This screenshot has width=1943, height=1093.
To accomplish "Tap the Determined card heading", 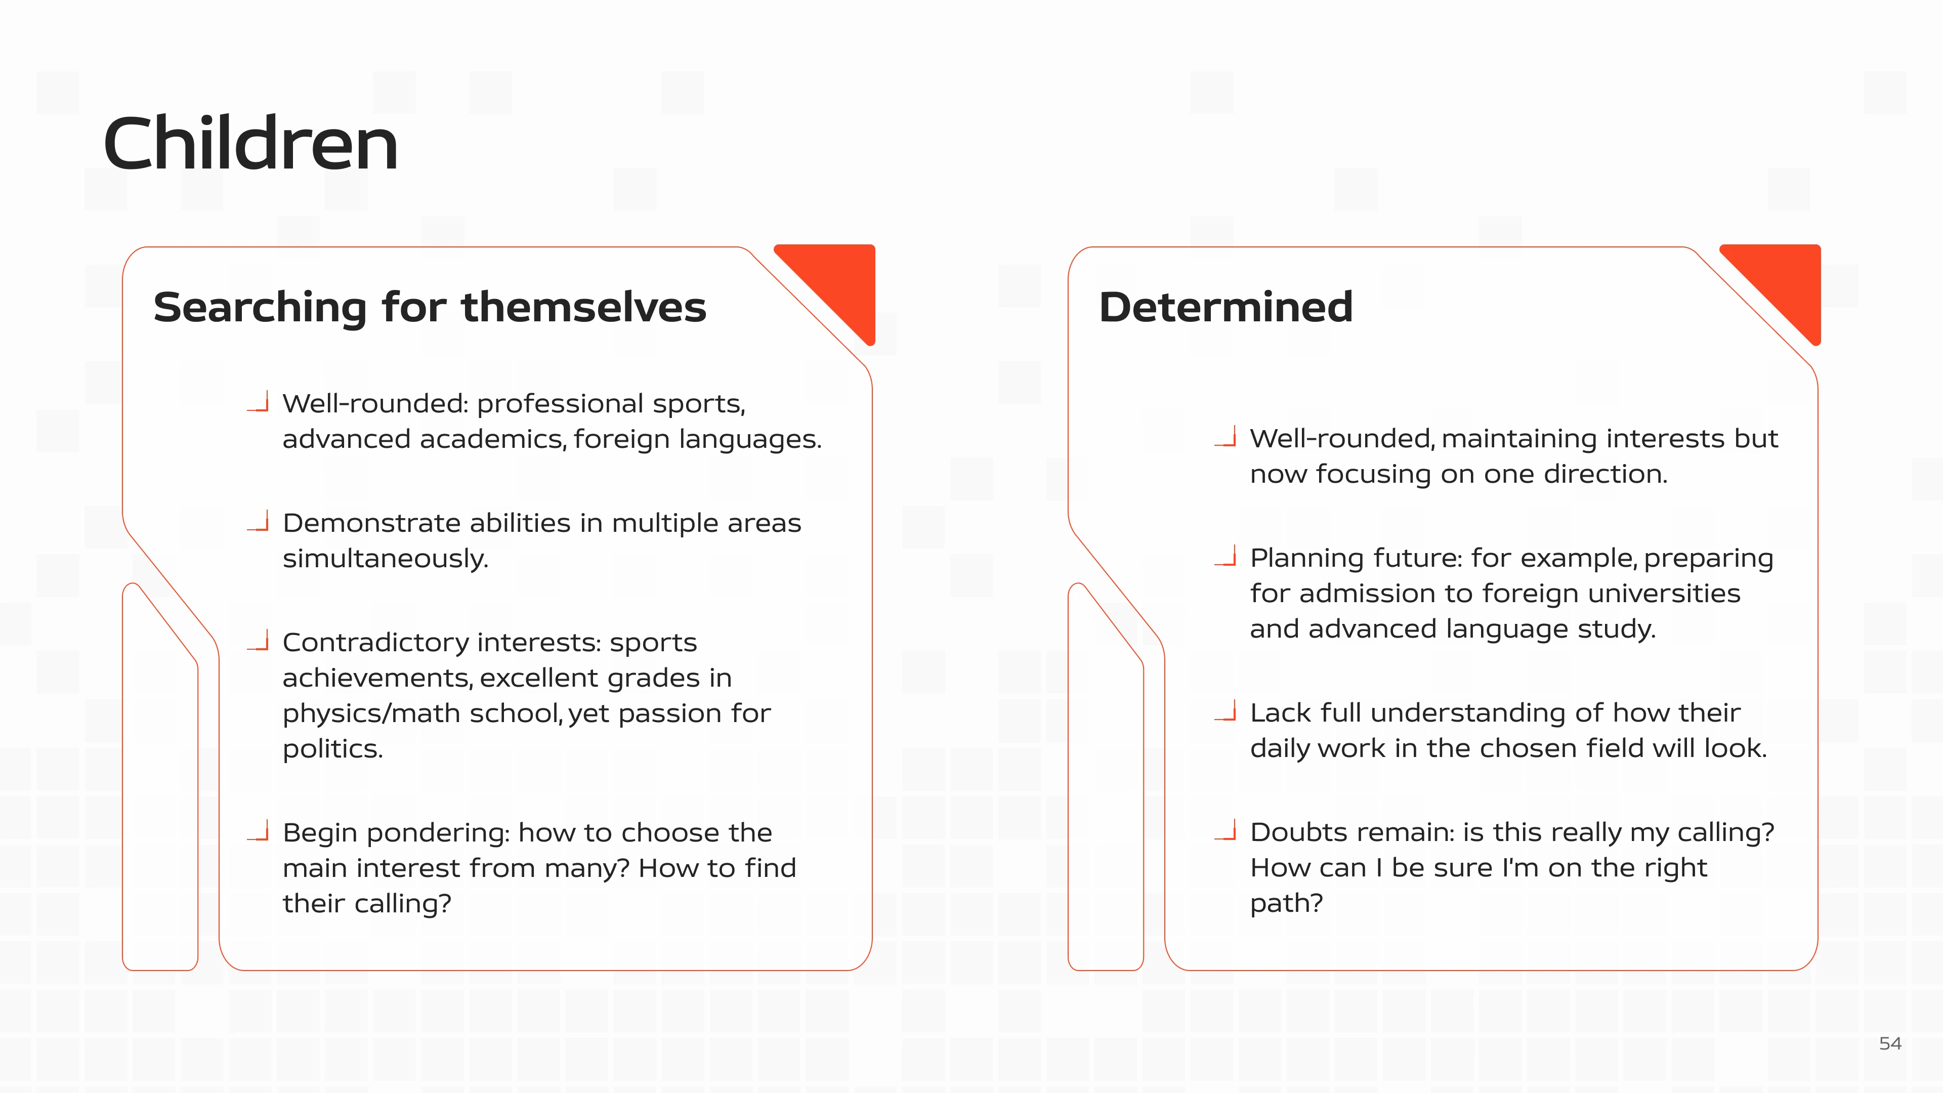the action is pos(1226,307).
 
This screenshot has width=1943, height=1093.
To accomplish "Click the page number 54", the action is pos(1890,1043).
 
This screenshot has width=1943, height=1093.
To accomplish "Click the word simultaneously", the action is pos(386,559).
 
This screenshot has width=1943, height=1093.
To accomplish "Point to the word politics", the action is pos(332,749).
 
